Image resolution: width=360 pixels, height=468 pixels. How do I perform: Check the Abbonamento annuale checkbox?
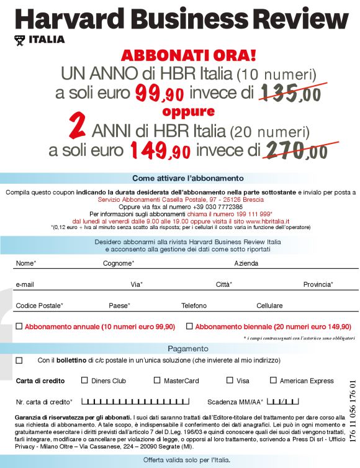[x=19, y=326]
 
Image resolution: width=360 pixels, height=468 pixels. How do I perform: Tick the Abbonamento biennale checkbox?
[x=189, y=326]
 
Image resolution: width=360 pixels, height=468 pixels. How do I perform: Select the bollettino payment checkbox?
[x=19, y=360]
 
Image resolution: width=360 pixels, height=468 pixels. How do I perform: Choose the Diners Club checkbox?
[x=85, y=380]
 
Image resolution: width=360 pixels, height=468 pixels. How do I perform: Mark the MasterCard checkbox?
[x=157, y=380]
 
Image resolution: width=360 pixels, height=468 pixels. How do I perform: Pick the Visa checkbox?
[x=230, y=380]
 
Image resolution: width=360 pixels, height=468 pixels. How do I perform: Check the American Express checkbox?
[x=273, y=380]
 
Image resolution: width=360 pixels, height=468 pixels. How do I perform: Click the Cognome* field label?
[x=119, y=263]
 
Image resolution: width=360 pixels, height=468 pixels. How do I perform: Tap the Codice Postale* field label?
[x=39, y=305]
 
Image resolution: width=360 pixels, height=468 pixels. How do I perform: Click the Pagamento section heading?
[x=188, y=348]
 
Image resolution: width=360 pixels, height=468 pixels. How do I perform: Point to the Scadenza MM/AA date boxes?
[x=284, y=401]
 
